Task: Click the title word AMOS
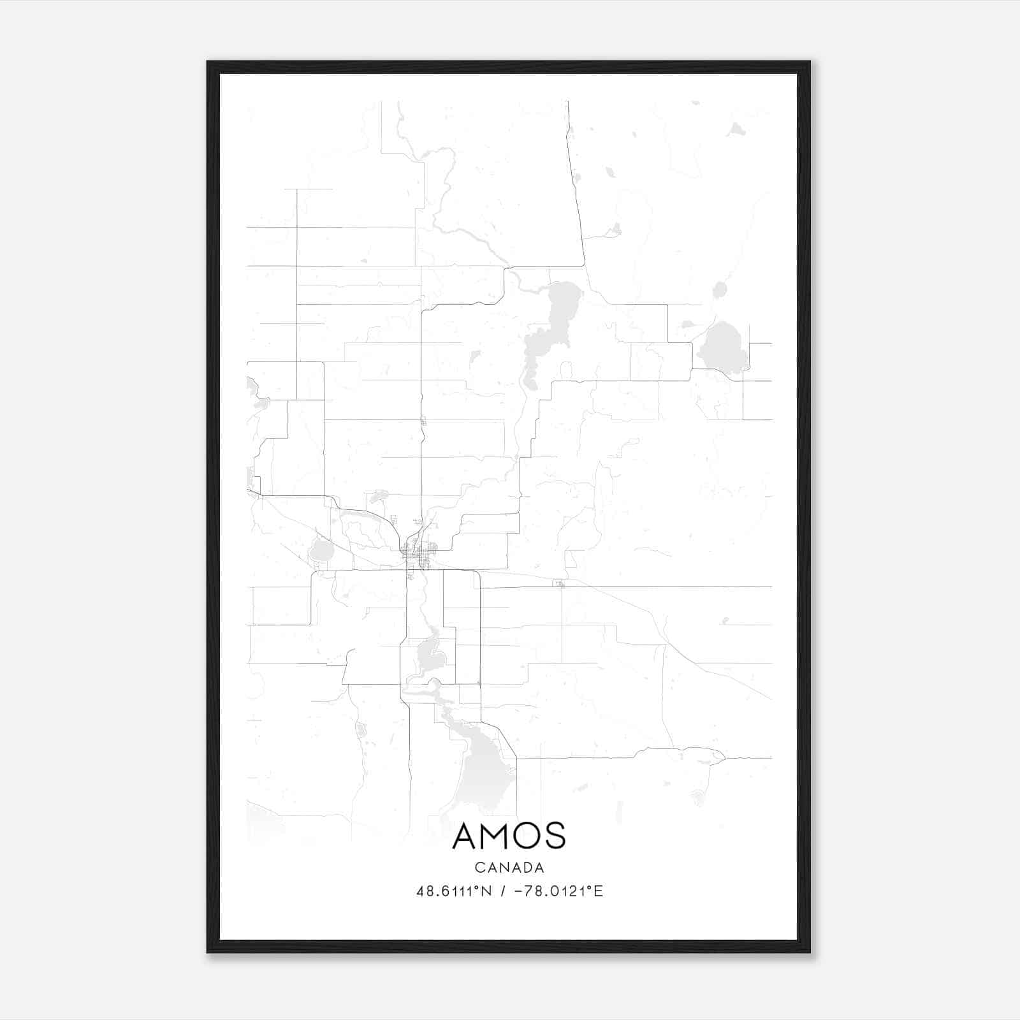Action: point(509,836)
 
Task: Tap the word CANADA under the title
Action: point(509,868)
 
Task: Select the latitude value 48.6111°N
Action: point(454,891)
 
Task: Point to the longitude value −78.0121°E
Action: point(558,891)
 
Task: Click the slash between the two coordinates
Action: point(504,891)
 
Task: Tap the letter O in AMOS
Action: point(526,836)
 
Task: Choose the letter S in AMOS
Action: point(555,836)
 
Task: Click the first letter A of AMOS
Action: point(465,836)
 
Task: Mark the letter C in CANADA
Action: point(479,868)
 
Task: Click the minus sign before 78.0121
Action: point(517,891)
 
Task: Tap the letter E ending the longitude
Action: point(599,891)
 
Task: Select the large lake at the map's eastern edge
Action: point(722,348)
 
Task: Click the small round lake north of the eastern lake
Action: point(720,291)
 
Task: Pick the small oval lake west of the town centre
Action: point(319,551)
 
